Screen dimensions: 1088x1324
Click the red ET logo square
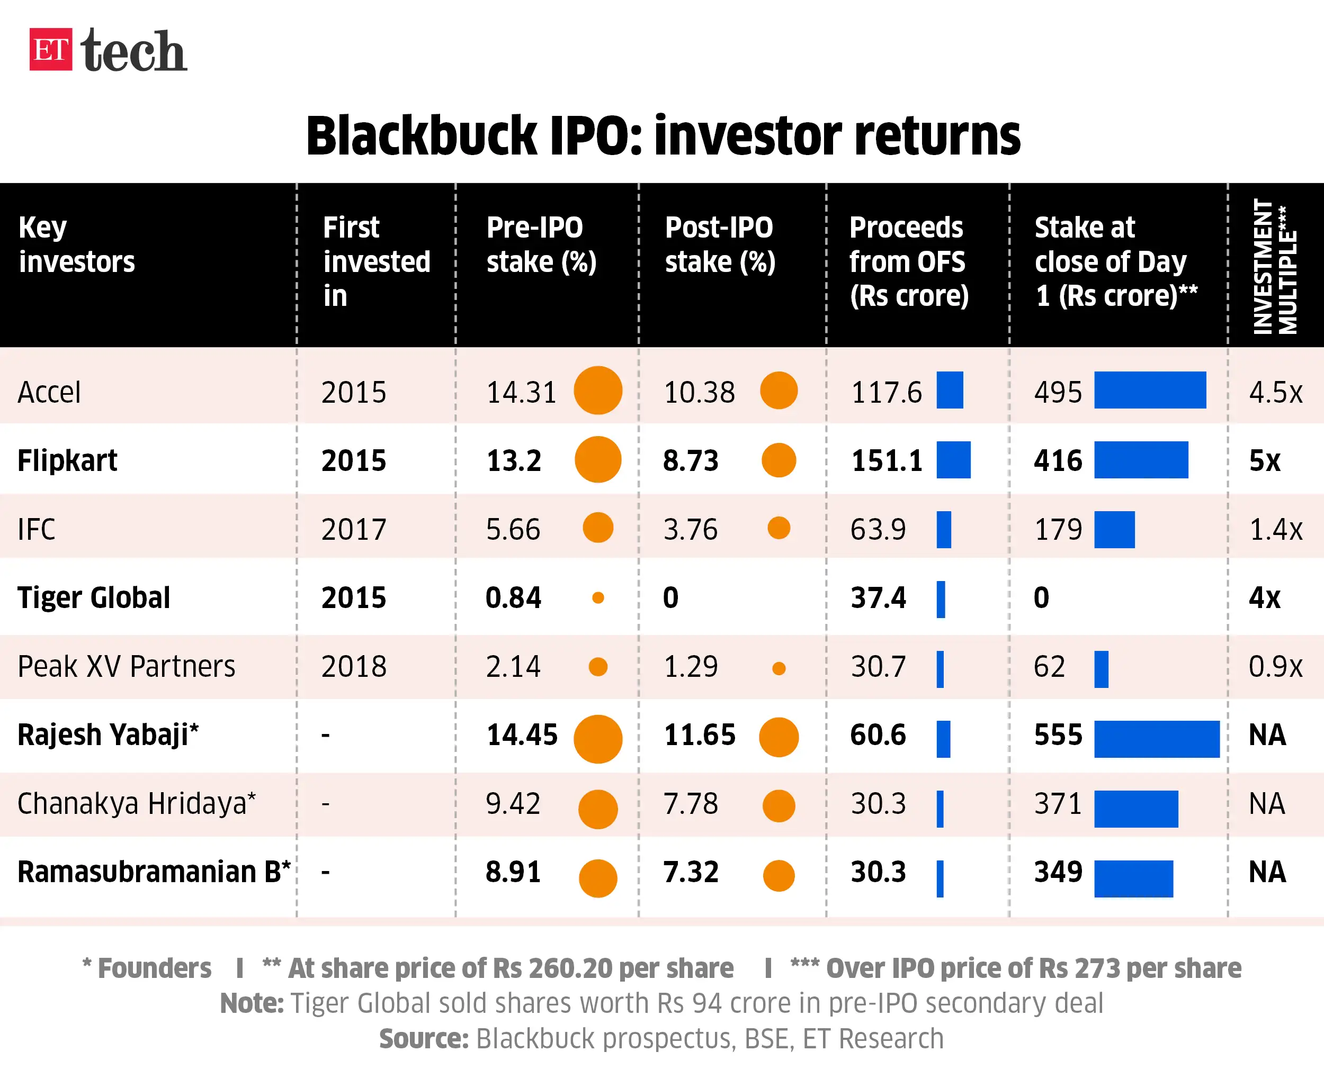[x=50, y=50]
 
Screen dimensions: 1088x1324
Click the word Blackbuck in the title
[x=421, y=136]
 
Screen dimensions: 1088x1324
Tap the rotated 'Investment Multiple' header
[x=1274, y=266]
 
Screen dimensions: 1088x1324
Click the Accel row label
[x=49, y=392]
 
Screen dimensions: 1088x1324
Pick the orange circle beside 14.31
[x=598, y=391]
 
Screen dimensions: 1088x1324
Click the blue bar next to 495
[x=1150, y=391]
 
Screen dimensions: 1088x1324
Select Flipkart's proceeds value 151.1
[x=886, y=460]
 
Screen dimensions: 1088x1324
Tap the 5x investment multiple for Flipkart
[x=1264, y=460]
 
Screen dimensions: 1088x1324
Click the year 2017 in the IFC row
[x=354, y=530]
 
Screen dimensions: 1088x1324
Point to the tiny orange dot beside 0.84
[x=598, y=598]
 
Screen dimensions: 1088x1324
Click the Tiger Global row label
[x=93, y=598]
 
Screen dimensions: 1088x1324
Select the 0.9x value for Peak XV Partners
[x=1275, y=666]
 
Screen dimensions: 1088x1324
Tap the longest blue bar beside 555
[x=1157, y=739]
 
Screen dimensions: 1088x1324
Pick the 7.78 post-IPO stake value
[x=691, y=803]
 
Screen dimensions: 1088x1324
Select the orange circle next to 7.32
[x=779, y=876]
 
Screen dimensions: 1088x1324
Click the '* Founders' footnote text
[x=147, y=968]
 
